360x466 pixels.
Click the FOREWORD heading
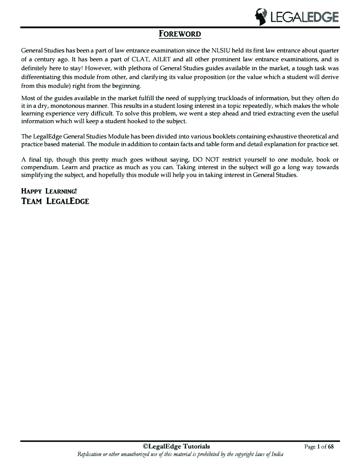point(179,34)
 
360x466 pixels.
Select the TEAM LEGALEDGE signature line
point(55,201)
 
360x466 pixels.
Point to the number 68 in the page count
point(330,447)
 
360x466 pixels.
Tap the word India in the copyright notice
point(277,454)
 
